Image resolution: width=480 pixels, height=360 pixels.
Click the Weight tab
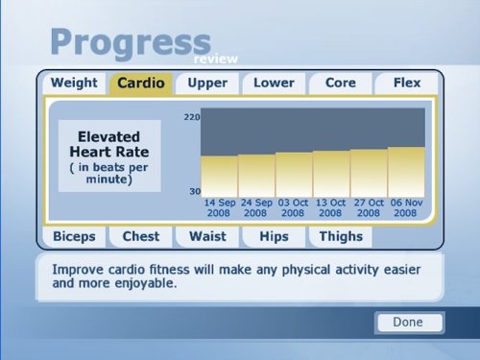point(74,83)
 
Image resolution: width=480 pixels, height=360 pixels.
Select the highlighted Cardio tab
point(140,84)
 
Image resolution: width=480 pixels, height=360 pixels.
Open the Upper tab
point(207,83)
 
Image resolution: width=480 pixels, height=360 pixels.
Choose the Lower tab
point(274,83)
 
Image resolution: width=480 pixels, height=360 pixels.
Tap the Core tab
point(340,83)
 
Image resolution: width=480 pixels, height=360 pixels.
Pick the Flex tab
point(407,83)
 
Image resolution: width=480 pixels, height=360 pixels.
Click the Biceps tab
point(74,236)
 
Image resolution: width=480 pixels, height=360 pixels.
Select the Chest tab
point(140,236)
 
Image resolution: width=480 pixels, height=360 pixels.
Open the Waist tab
point(207,236)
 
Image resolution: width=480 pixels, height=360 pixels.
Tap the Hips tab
point(274,236)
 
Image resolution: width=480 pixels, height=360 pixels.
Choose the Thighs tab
point(340,236)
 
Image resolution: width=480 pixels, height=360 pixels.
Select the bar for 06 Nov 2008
point(406,172)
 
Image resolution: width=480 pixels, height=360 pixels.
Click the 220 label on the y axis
point(191,117)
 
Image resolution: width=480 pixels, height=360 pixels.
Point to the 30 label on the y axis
point(194,192)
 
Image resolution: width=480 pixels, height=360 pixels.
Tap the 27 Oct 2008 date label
point(369,207)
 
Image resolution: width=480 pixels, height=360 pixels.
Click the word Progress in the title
point(130,42)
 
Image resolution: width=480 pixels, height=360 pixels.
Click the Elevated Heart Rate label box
point(108,156)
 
